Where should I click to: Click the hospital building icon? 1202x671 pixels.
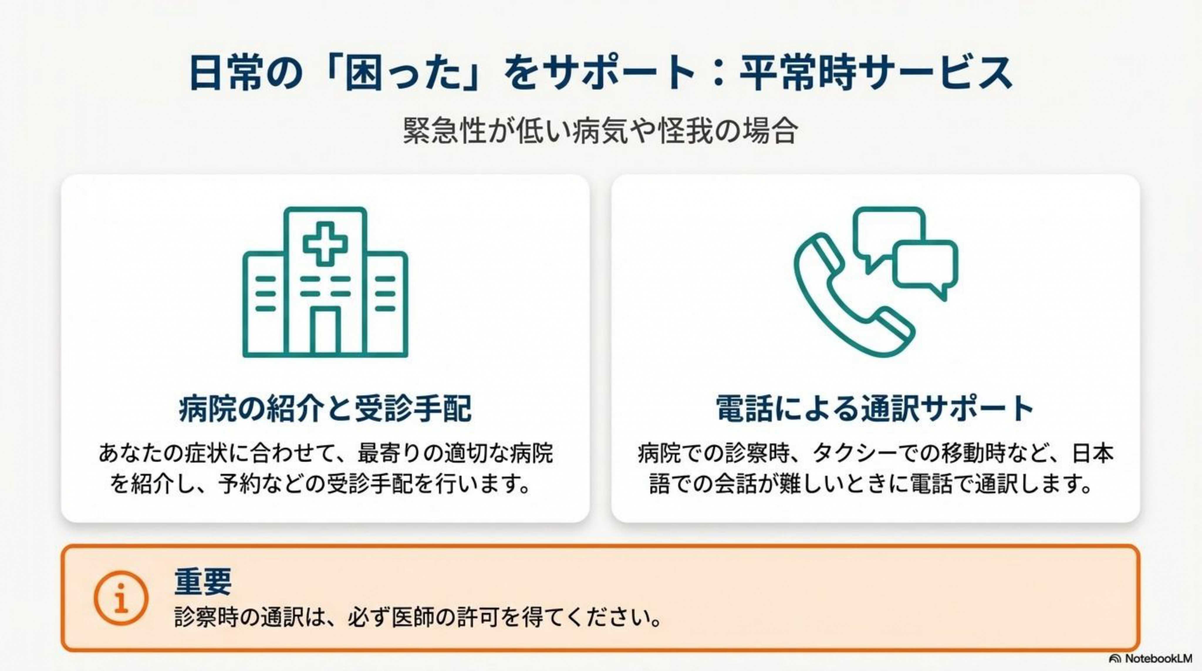(325, 282)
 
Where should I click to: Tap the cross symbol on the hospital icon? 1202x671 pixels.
(325, 243)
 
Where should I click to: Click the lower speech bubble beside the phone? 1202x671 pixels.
(925, 268)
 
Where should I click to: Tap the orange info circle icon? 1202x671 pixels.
(121, 598)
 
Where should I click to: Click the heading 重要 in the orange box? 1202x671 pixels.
(203, 581)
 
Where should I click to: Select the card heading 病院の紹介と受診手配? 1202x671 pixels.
(325, 408)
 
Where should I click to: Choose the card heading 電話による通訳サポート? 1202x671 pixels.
(875, 408)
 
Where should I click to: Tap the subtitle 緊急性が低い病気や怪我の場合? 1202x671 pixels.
(600, 131)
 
